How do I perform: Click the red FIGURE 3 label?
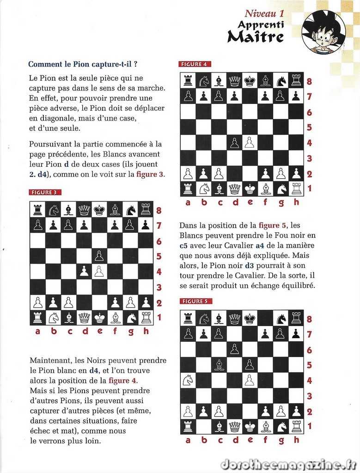point(45,192)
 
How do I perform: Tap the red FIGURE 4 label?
point(195,64)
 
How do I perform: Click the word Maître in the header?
point(256,36)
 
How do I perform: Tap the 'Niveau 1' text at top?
point(264,14)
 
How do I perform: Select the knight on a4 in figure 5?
point(188,380)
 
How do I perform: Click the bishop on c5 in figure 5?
point(219,365)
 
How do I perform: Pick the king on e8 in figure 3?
point(99,210)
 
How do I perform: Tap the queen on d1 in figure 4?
point(235,189)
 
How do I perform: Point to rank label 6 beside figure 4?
point(309,112)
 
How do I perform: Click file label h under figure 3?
point(146,331)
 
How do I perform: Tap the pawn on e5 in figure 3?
point(99,256)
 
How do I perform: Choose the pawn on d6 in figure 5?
point(234,349)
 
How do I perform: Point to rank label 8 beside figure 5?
point(309,319)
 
